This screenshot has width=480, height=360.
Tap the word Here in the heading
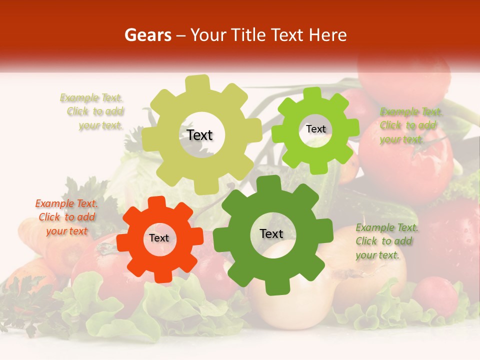[328, 35]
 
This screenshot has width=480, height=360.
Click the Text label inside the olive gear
[199, 135]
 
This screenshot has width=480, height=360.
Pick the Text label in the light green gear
[315, 129]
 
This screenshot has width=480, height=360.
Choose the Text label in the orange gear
[159, 238]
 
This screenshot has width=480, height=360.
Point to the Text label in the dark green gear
[271, 233]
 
